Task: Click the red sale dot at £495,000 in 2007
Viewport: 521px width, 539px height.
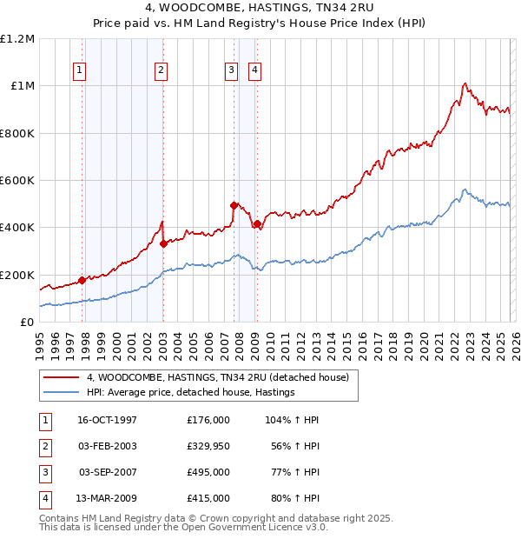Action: coord(234,205)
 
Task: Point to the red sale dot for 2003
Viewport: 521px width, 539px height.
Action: coord(163,244)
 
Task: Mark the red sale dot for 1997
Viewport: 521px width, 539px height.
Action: coord(82,280)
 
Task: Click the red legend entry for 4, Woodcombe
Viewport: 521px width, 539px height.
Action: coord(217,377)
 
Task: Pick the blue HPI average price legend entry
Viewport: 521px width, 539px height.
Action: coord(191,392)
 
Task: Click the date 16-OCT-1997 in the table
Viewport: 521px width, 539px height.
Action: coord(108,420)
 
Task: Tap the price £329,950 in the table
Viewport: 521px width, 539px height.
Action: coord(208,446)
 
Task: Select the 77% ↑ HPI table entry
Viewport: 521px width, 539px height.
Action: coord(293,472)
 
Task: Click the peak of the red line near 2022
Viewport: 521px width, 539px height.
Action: coord(465,83)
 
